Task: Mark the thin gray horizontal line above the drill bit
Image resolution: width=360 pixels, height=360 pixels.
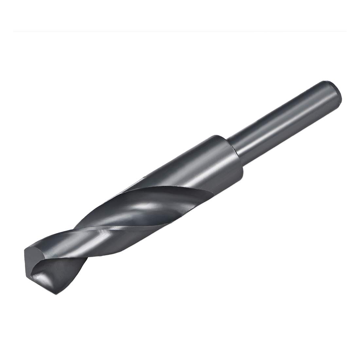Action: (180, 31)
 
